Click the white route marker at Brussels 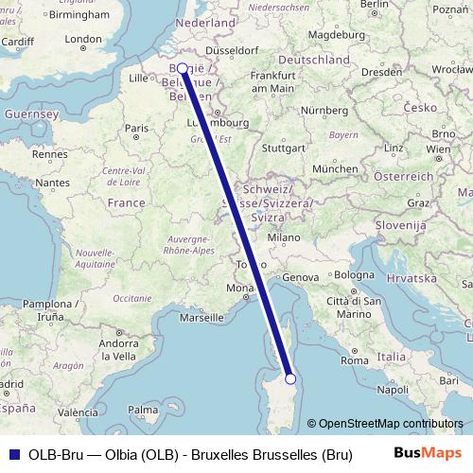click(182, 68)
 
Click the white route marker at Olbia click(290, 378)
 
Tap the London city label click(83, 40)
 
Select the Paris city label click(137, 128)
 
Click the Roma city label click(355, 360)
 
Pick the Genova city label click(303, 276)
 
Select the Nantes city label click(53, 182)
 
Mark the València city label click(78, 412)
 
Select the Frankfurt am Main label click(275, 81)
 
